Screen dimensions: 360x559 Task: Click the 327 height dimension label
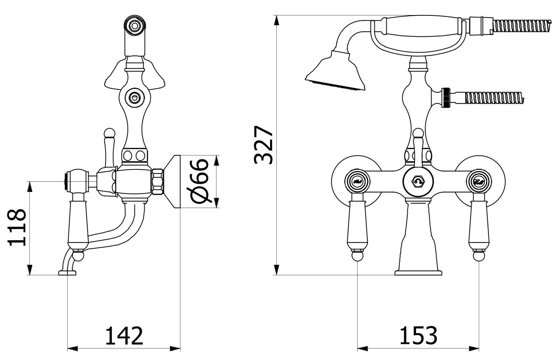[263, 145]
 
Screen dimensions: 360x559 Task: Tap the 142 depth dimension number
[124, 335]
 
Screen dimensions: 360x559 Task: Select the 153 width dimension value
[418, 335]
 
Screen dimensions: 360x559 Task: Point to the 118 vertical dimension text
[18, 228]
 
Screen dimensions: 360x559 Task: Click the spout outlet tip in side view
[67, 272]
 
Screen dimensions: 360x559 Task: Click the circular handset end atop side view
[134, 25]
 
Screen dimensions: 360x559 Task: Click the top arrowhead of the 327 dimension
[277, 20]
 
